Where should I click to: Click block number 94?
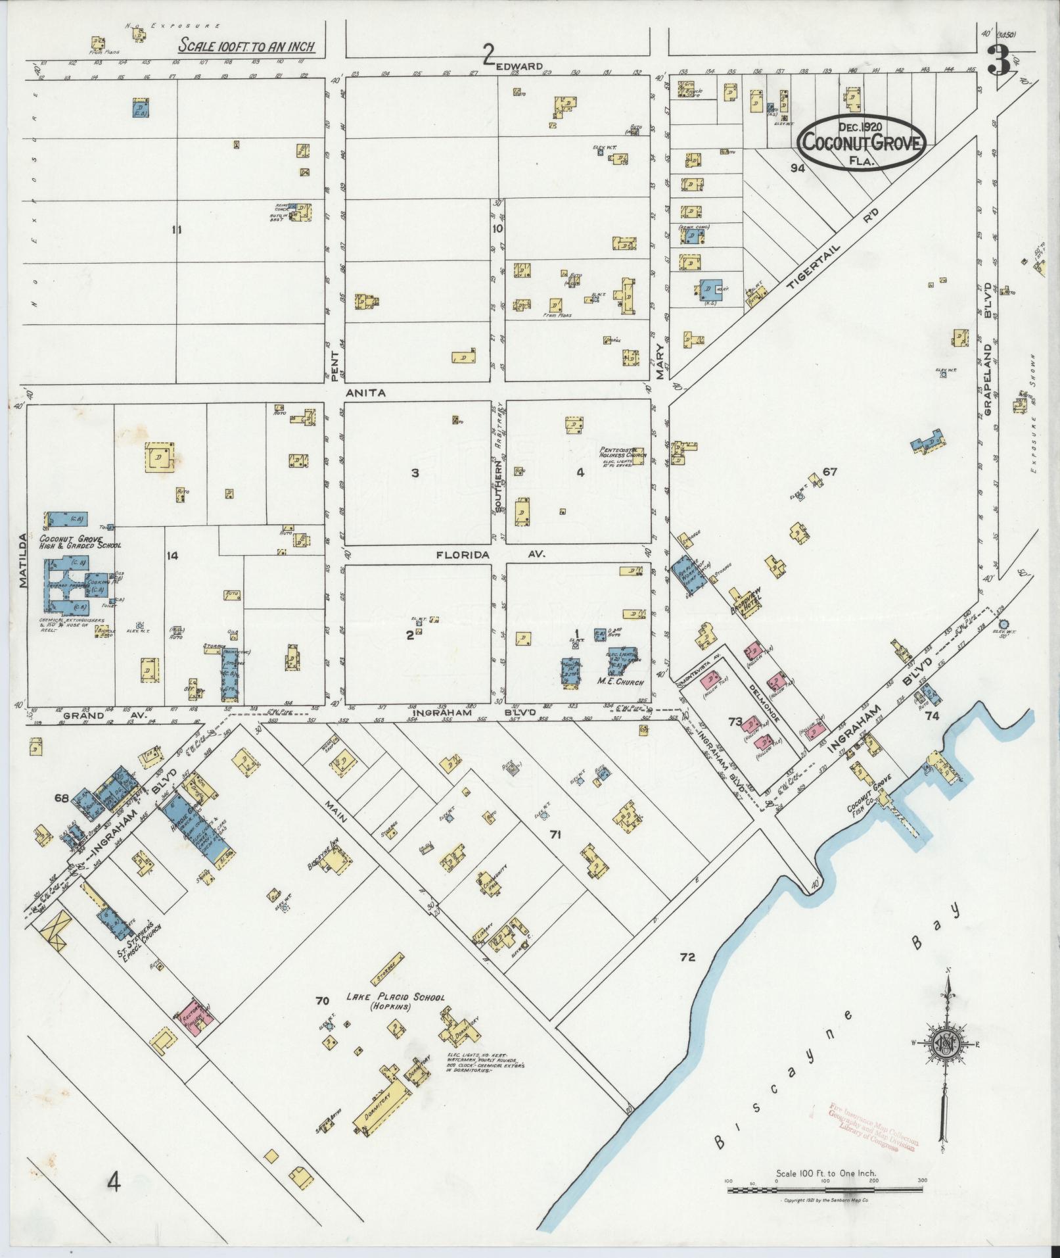click(x=798, y=168)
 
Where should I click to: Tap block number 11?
click(x=175, y=230)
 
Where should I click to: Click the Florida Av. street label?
click(x=482, y=555)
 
